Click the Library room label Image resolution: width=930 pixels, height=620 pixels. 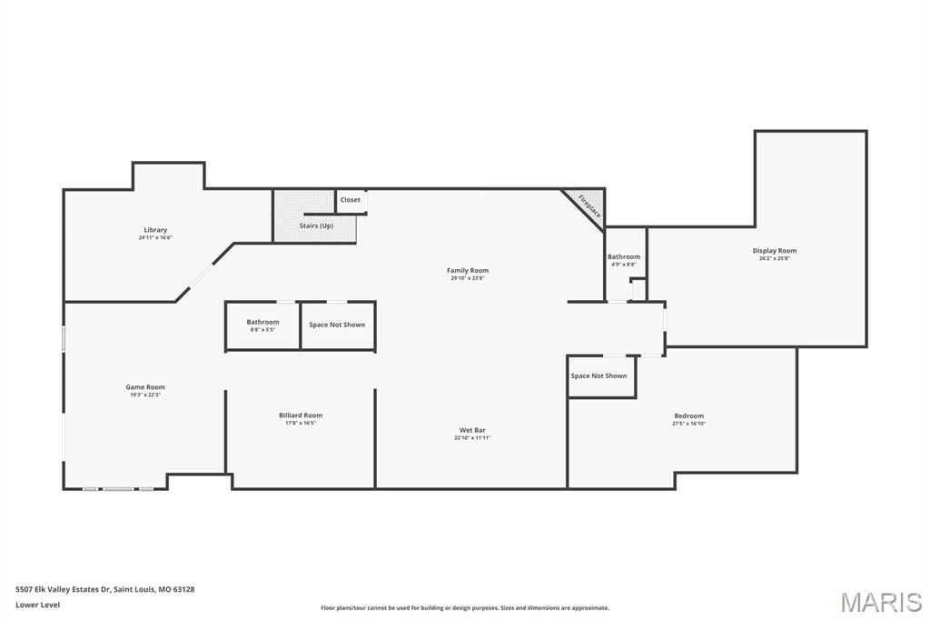coord(155,230)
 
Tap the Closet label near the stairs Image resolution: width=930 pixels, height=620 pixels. coord(351,200)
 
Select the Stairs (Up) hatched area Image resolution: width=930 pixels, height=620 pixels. coord(315,218)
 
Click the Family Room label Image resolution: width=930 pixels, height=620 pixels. coord(468,270)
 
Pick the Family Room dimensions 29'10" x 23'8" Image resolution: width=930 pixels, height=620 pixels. coord(468,278)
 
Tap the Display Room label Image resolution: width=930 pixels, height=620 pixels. coord(774,251)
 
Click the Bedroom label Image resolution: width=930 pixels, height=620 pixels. coord(688,416)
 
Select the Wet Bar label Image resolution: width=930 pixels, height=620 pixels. coord(472,430)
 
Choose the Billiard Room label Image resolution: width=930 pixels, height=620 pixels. coord(301,415)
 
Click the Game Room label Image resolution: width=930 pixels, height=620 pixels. coord(145,387)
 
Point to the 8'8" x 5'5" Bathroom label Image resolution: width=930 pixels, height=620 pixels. coord(262,322)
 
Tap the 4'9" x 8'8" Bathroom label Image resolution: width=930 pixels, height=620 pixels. coord(624,257)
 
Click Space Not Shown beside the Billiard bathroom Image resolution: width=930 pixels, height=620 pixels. coord(337,325)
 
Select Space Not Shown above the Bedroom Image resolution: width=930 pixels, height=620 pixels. coord(599,375)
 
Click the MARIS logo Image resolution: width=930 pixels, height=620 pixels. coord(881,602)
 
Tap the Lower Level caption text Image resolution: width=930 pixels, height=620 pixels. coord(38,605)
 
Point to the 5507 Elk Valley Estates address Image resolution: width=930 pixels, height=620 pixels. coord(104,589)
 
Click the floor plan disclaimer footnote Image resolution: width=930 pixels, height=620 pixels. coord(465,608)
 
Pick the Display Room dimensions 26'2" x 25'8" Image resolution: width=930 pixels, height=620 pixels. coord(774,259)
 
